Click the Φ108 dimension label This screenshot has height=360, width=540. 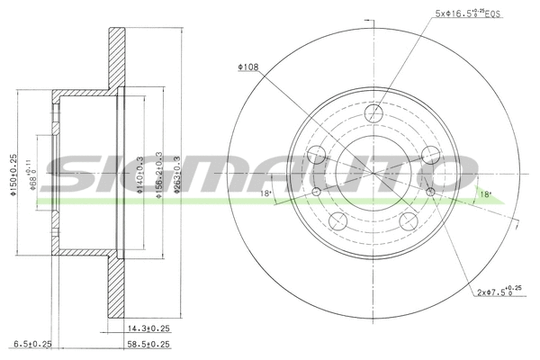point(248,66)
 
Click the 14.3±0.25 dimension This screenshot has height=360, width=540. point(148,328)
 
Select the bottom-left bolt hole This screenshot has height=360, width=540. point(338,222)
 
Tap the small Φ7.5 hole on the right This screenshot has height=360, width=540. point(430,193)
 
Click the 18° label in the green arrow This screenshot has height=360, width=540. point(484,193)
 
